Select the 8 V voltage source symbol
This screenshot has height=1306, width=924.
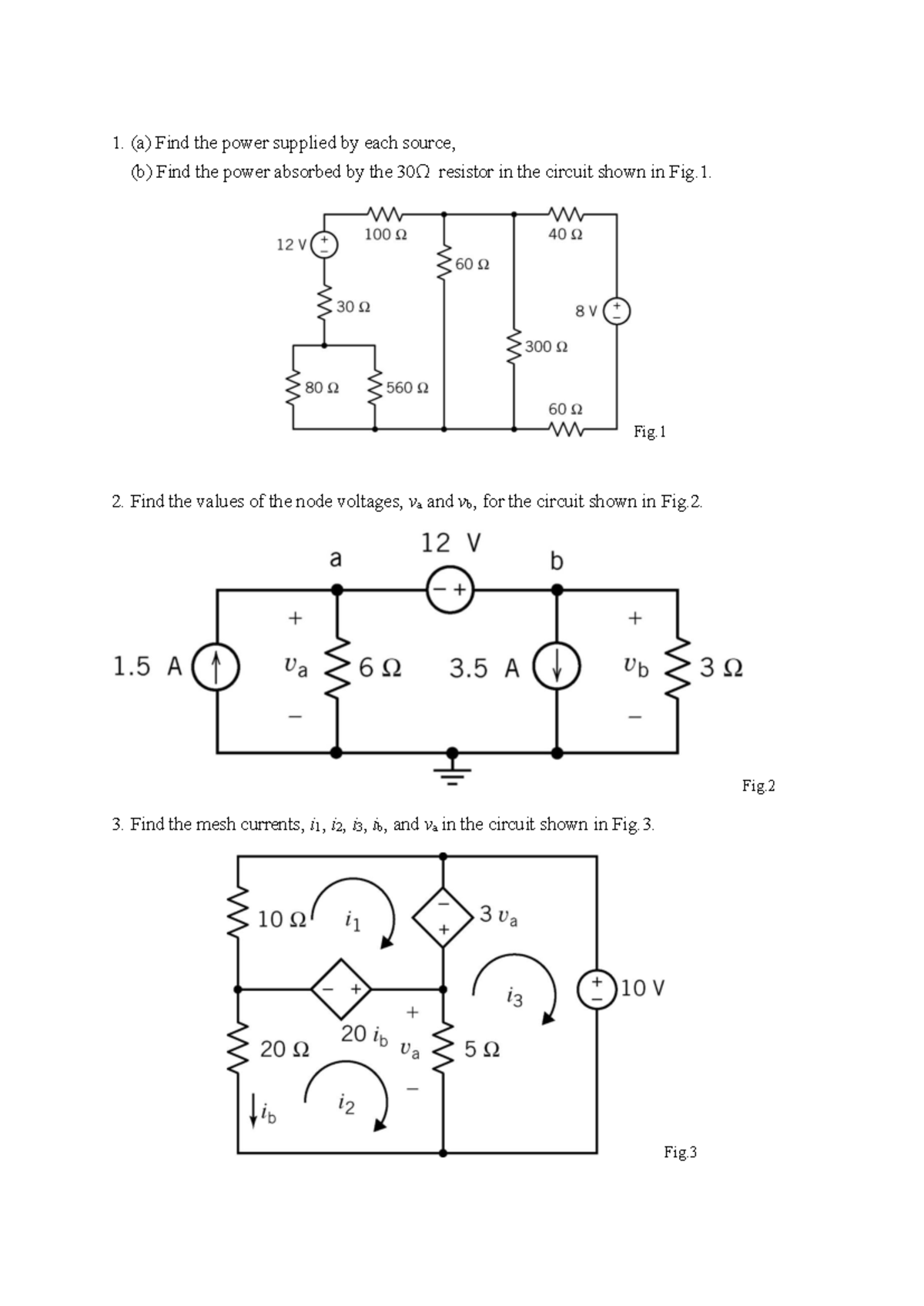tap(617, 311)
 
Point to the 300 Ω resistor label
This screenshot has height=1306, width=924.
tap(546, 347)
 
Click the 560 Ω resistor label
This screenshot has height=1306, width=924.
tap(407, 387)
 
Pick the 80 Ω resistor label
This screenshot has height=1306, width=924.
tap(322, 387)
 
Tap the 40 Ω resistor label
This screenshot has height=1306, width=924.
tap(565, 234)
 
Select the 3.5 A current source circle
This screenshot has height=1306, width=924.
tap(557, 667)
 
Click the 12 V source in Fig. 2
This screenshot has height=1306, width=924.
tap(450, 591)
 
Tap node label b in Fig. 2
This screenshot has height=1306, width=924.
tap(557, 561)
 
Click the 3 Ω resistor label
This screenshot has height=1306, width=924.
tap(721, 668)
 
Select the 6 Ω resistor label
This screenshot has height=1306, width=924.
tap(380, 668)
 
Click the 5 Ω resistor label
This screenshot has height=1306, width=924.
tap(482, 1050)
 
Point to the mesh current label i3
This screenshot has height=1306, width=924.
tap(515, 999)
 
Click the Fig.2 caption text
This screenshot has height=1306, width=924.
tap(758, 785)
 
